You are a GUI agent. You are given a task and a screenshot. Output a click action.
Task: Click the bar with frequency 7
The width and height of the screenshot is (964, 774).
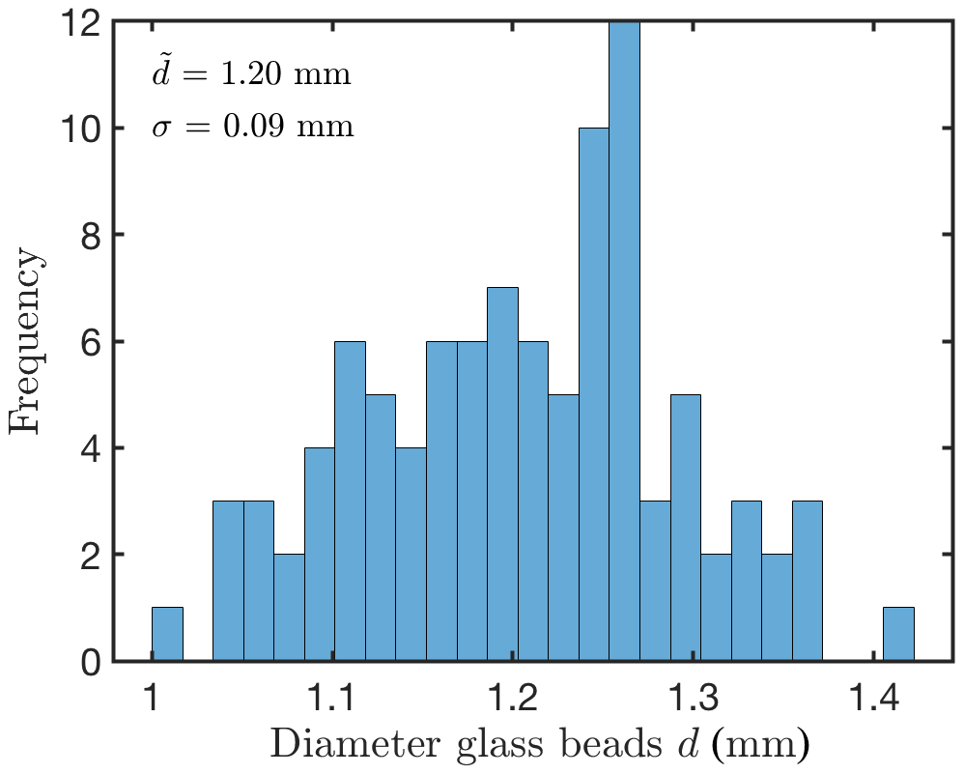[502, 473]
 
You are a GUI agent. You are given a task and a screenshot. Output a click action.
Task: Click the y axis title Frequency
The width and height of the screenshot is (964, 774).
[27, 342]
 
